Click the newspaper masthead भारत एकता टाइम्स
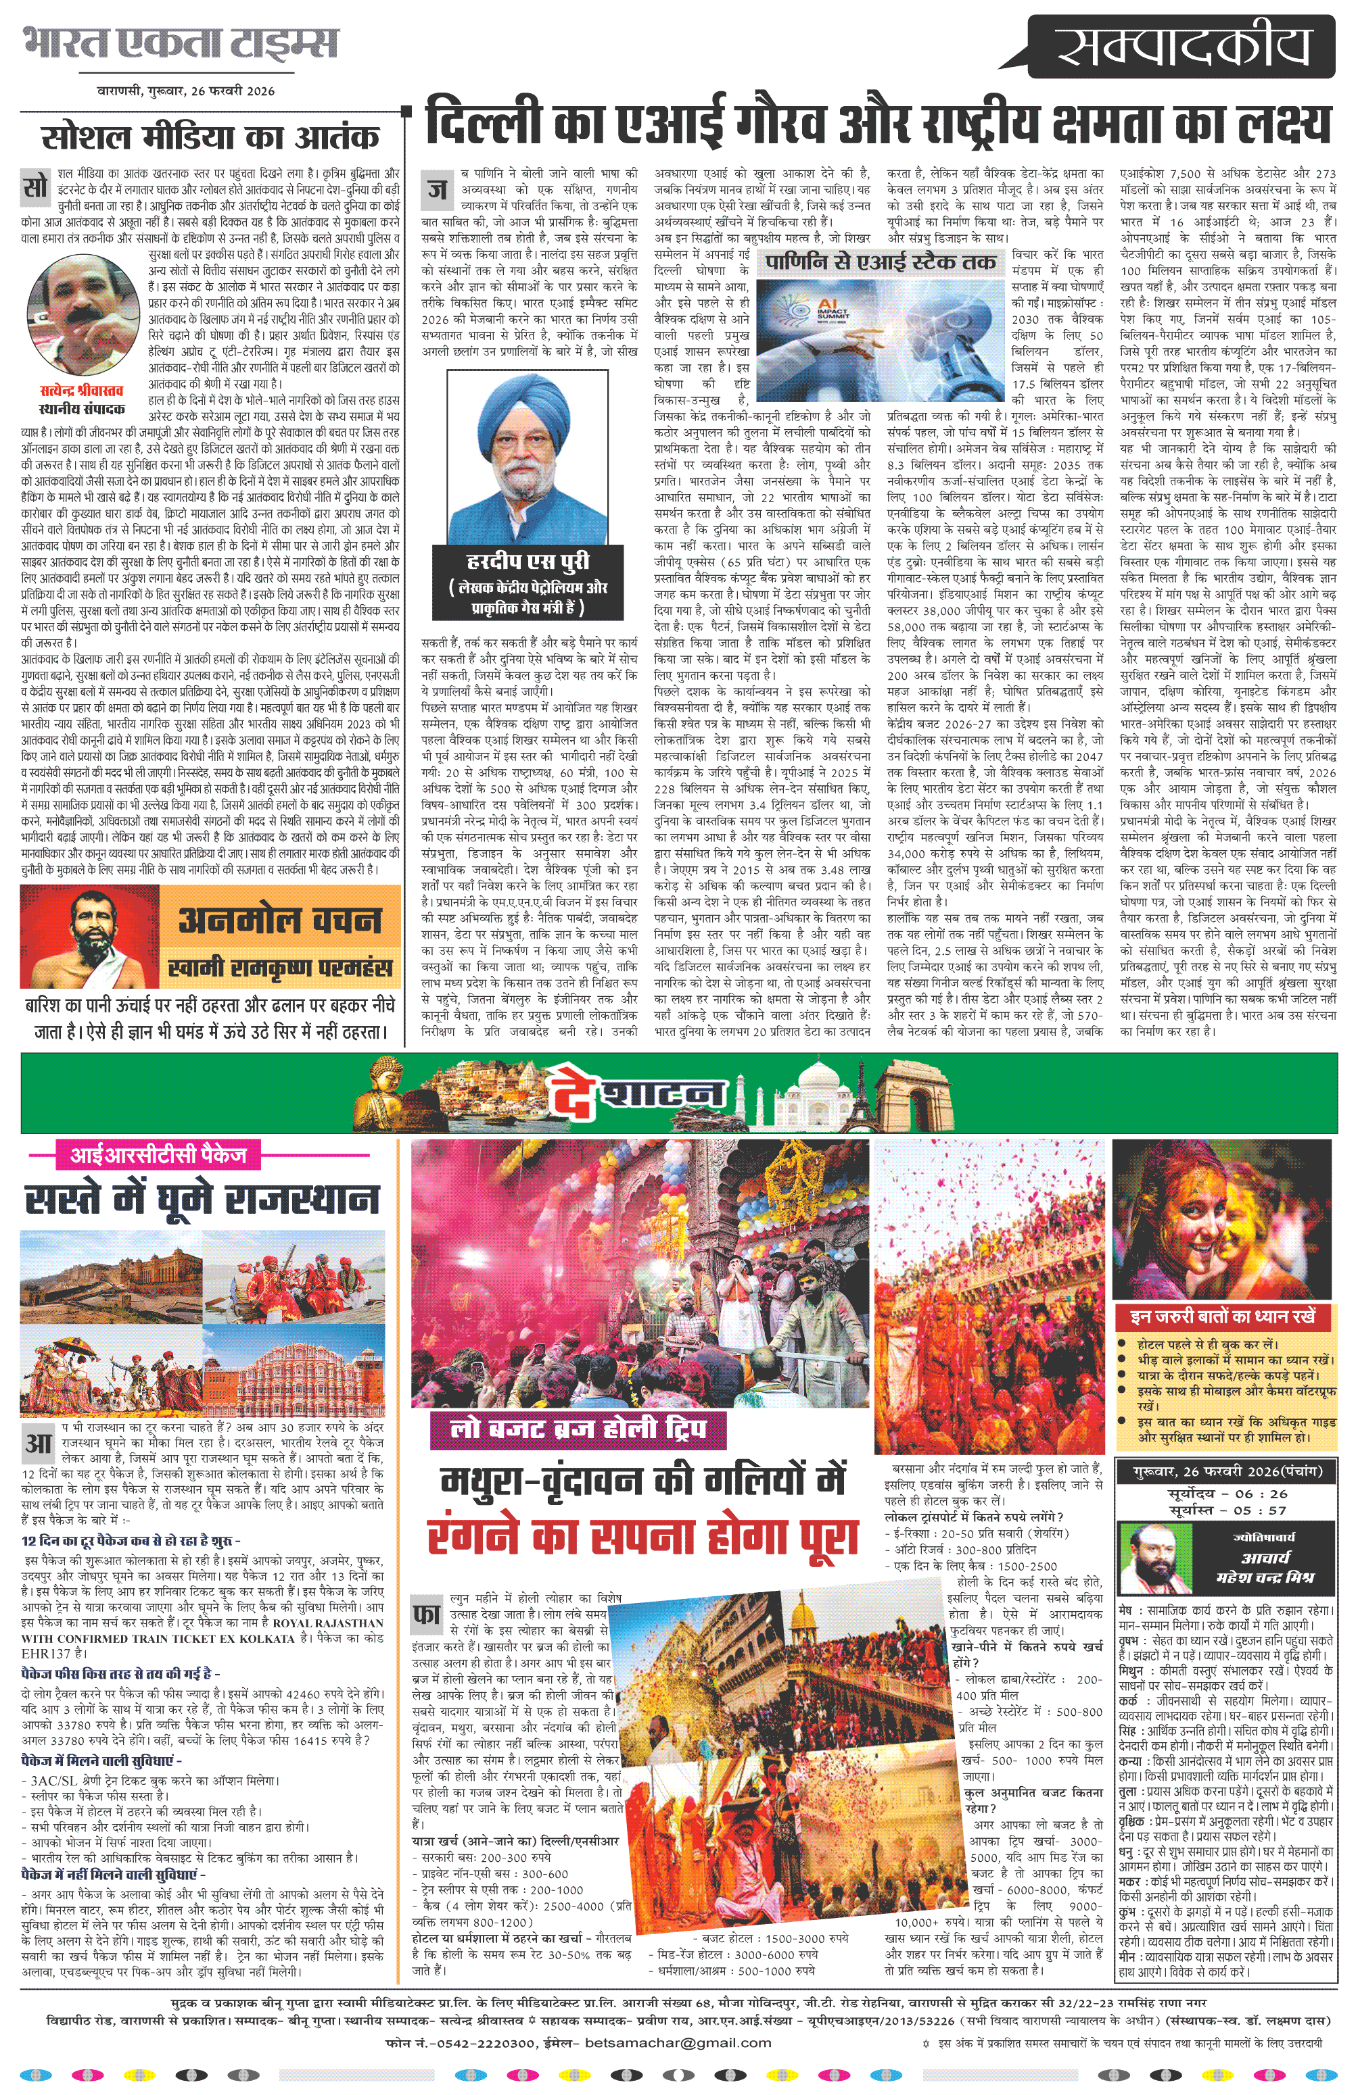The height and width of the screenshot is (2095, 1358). click(180, 43)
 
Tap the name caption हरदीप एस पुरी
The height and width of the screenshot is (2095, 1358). click(528, 562)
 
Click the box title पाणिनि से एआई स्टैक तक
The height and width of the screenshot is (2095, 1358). click(880, 262)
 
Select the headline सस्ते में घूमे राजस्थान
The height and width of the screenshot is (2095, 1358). click(202, 1200)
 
